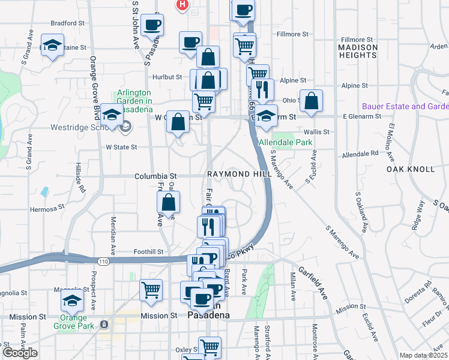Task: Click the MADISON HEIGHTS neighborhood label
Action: point(358,52)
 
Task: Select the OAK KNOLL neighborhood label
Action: point(405,170)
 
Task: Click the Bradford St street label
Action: point(67,23)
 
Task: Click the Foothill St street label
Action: point(148,252)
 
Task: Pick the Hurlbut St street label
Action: point(167,77)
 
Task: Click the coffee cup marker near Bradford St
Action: point(152,25)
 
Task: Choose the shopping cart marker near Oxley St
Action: point(209,347)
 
